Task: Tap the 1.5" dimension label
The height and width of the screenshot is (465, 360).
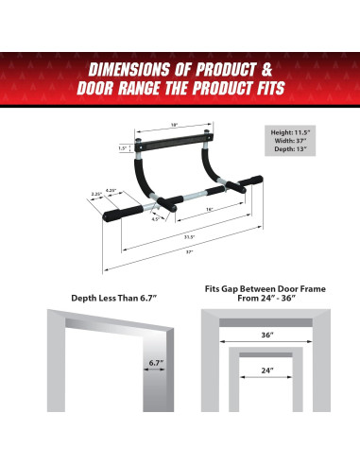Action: (122, 147)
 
